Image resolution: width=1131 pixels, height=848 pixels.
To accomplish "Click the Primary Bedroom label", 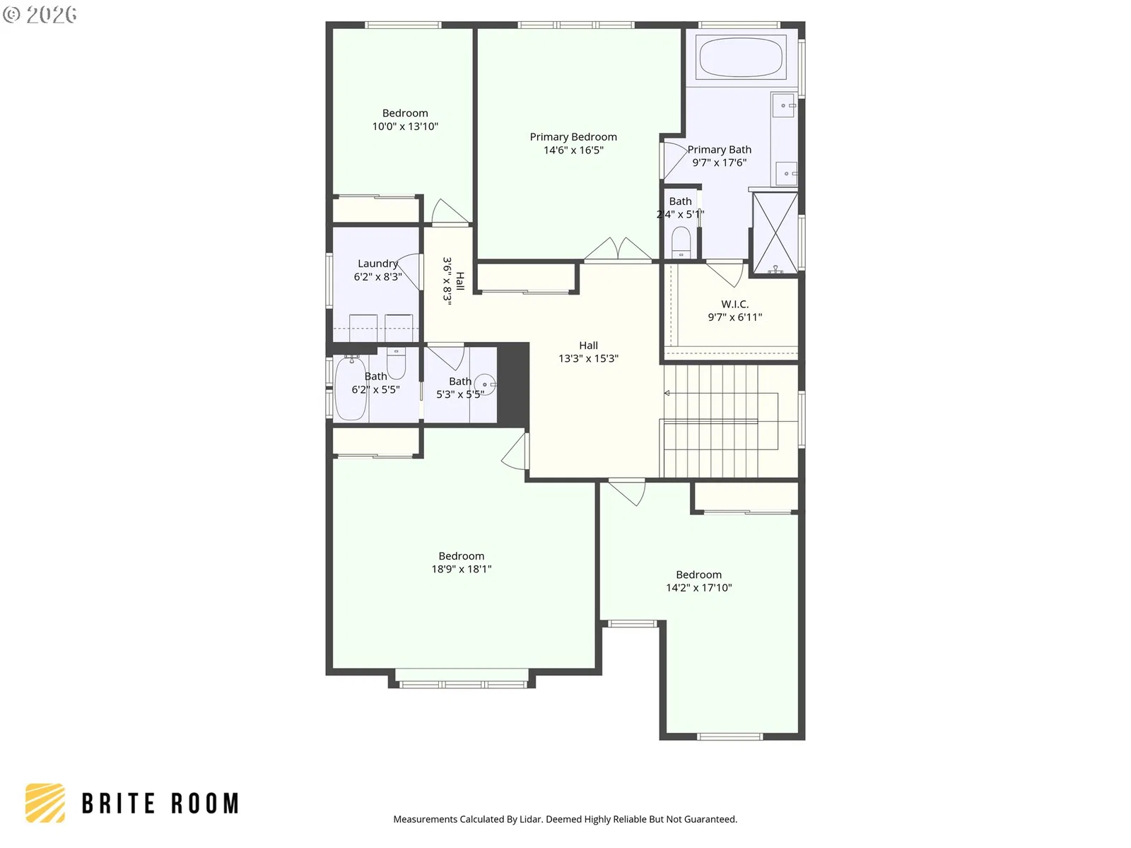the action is pos(573,137).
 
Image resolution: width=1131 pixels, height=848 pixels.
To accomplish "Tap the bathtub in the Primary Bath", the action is pos(741,57).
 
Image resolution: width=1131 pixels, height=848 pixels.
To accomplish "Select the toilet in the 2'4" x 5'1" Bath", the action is pos(681,242).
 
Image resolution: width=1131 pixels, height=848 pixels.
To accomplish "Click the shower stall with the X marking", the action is pos(775,232).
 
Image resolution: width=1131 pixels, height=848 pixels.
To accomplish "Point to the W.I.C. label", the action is pos(734,305).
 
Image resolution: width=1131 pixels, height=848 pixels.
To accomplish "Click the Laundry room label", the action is pos(377,264).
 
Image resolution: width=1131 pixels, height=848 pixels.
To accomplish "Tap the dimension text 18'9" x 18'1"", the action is pos(462,569).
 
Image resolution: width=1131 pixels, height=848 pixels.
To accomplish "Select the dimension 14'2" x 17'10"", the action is pos(698,587).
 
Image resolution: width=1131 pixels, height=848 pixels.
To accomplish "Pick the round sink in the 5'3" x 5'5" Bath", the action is pos(484,384).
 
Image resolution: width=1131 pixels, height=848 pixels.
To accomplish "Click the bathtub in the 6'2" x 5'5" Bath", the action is pos(351,388).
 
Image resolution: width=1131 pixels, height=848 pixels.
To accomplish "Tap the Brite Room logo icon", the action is pos(45,803).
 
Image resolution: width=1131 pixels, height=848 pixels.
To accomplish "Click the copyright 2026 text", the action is pos(40,14).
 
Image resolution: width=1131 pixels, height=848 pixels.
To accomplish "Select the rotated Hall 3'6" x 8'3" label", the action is pos(453,282).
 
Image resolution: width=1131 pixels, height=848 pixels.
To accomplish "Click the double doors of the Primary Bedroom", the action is pos(618,249).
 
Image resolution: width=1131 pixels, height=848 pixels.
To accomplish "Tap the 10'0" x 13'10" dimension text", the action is pos(405,126).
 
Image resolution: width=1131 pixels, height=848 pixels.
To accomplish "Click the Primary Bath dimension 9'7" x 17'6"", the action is pos(720,163).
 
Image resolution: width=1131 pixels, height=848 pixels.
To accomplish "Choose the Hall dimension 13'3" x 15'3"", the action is pos(588,358).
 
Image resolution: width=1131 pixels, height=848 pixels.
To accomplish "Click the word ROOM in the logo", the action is pos(205,803).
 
